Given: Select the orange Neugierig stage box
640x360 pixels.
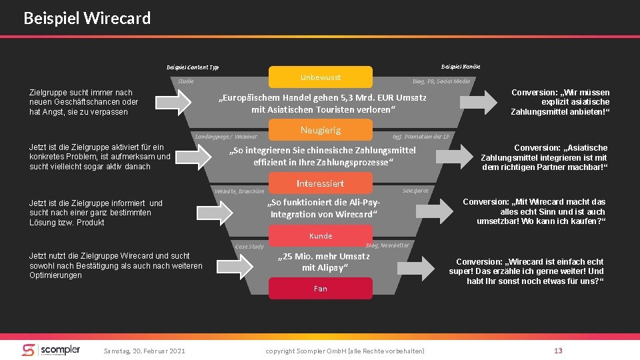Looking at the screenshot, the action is pos(320,130).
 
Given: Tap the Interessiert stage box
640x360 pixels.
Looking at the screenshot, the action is pos(320,183).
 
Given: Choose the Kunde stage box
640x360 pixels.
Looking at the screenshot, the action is pos(320,236).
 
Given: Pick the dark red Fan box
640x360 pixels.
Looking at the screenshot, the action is pos(320,289).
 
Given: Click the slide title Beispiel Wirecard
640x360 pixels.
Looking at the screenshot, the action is pos(87,18).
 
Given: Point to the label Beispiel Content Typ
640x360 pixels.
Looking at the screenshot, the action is pos(192,67).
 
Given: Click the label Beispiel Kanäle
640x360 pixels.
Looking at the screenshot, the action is pos(461,66).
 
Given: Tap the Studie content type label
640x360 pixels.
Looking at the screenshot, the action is pos(186,81).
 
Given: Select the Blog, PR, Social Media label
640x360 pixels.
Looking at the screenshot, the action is pos(441,81).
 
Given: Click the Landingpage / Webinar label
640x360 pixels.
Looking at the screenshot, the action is pos(226,137).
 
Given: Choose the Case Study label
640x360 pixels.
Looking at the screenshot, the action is pos(249,247).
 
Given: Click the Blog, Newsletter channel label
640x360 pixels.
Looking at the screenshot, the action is pos(388,245).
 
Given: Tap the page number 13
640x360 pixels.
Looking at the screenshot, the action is pos(558,351).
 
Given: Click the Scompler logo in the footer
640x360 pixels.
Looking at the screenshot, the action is pos(51,350).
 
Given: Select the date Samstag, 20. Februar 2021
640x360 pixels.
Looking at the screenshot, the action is pos(144,351).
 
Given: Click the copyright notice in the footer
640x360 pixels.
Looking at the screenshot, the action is pos(345,351).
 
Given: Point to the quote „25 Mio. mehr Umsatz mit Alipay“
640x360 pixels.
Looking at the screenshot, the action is pos(325,262).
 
